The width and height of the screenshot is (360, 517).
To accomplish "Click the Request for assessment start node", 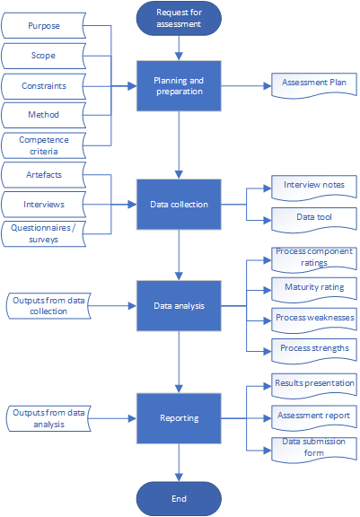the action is (x=179, y=18).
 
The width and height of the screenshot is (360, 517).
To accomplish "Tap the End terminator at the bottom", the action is (x=179, y=498).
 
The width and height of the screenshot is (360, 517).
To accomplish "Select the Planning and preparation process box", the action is (x=179, y=86).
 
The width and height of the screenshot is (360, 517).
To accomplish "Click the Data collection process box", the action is (x=179, y=205).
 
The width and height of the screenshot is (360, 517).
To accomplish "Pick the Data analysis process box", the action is (x=179, y=306).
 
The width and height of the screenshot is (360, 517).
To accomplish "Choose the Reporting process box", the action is (x=179, y=418).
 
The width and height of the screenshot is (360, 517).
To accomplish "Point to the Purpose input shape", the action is (x=43, y=26).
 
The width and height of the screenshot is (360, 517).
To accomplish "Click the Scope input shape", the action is (x=43, y=56).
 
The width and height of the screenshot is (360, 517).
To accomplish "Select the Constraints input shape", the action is (x=43, y=86).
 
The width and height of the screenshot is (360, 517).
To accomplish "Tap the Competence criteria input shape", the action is (x=43, y=145).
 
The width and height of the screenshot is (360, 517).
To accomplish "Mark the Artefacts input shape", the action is (x=43, y=175).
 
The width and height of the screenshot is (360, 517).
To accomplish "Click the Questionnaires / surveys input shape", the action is (x=43, y=233).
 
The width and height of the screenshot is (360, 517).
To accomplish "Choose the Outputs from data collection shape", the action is (x=48, y=306).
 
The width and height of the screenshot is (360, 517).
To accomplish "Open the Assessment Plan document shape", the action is (x=314, y=85).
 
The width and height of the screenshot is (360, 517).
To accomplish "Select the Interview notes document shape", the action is (x=314, y=188).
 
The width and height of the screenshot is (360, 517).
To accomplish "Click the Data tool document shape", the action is (x=314, y=220).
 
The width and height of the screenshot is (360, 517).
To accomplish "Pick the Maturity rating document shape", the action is (x=314, y=290).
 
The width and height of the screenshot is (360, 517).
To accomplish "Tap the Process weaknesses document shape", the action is (x=314, y=320).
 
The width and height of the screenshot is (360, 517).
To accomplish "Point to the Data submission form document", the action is (x=314, y=450).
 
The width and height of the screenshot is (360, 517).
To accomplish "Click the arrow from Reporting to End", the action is (x=179, y=462).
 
